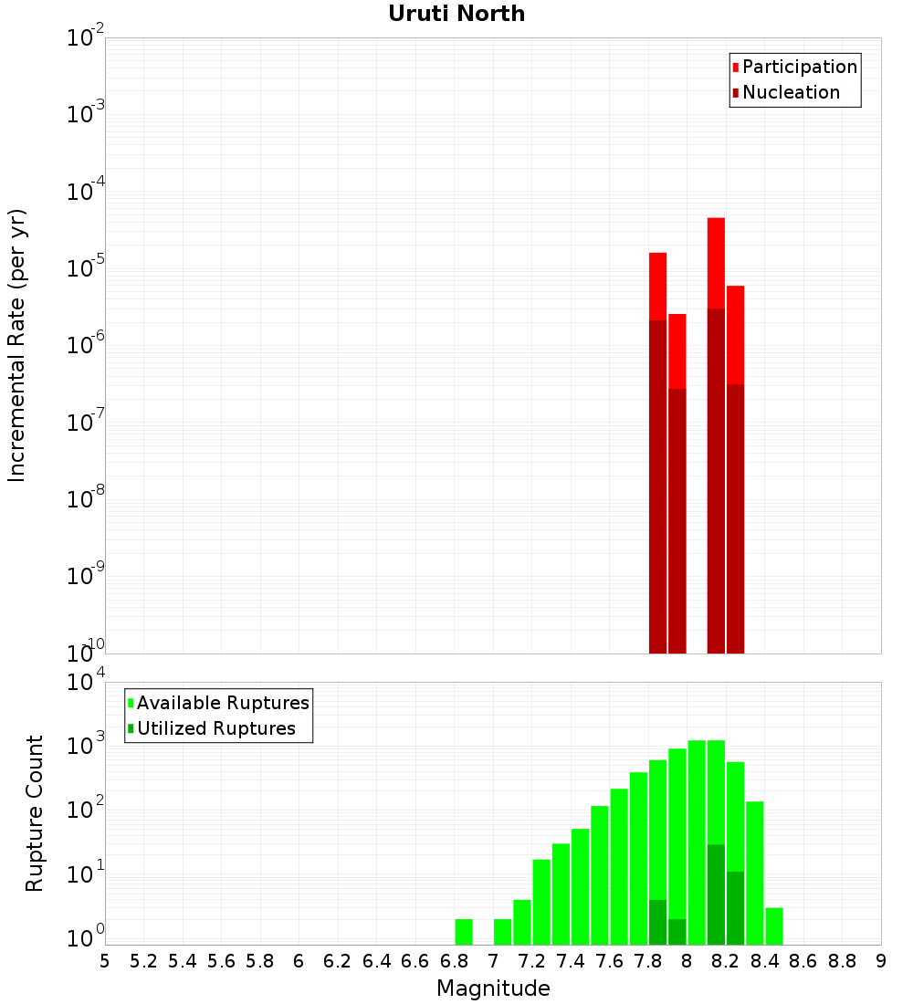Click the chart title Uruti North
click(x=456, y=14)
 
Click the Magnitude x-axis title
click(x=493, y=988)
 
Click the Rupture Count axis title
click(x=35, y=812)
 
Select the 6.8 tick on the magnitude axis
click(x=455, y=961)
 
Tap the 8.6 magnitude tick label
click(x=803, y=961)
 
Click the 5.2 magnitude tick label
click(x=144, y=961)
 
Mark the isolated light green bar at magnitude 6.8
click(x=464, y=932)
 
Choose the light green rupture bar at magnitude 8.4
click(x=754, y=873)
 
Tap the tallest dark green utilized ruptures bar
click(x=716, y=894)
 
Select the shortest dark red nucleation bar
click(x=677, y=520)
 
